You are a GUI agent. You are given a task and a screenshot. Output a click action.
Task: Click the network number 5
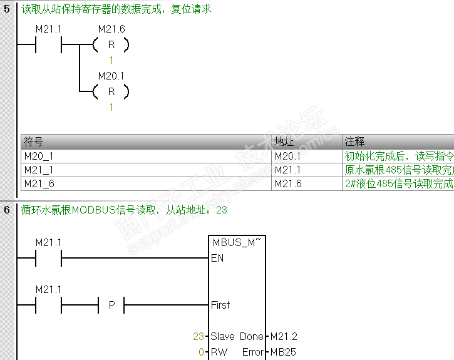[7, 9]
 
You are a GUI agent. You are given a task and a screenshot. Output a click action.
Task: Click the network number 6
[7, 210]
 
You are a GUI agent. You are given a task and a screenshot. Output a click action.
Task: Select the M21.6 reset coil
[111, 45]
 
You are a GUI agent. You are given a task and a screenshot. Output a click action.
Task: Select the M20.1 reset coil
[111, 92]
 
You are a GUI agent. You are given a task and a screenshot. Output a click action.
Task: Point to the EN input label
[217, 258]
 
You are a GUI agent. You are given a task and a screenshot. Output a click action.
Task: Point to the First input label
[220, 305]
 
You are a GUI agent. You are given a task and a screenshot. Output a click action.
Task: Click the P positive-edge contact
[111, 306]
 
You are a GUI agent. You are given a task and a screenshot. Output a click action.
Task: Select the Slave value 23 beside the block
[199, 336]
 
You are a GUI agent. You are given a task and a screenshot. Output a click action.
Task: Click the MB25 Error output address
[283, 352]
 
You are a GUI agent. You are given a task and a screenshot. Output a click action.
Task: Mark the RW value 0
[202, 352]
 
